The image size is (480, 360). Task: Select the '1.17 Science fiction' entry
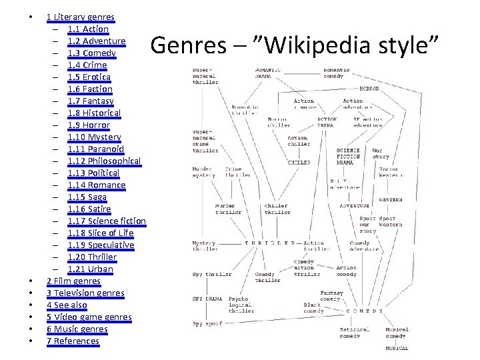pos(106,221)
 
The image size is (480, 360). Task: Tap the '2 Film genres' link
pos(73,281)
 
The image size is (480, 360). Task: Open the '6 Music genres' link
pos(77,329)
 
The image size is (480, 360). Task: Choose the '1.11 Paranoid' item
pos(95,149)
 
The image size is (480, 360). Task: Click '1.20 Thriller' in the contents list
pos(92,257)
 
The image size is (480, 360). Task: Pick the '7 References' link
pos(73,341)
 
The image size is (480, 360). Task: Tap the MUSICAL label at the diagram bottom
pos(397,348)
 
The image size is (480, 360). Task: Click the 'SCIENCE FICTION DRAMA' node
pos(349,157)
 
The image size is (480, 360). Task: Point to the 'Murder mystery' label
pos(203,172)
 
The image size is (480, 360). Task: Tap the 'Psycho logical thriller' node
pos(241,305)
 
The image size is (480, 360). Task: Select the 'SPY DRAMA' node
pos(207,299)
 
